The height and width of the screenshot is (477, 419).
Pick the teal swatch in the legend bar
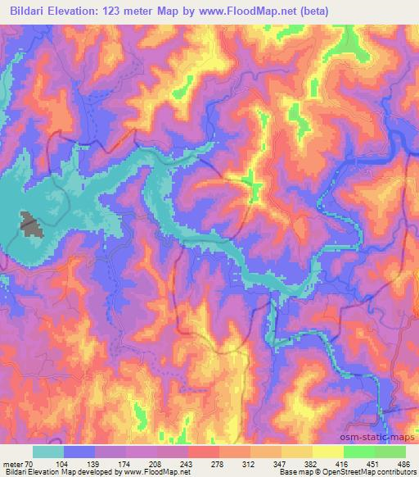[48, 452]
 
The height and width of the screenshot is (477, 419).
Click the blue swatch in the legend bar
[79, 452]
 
